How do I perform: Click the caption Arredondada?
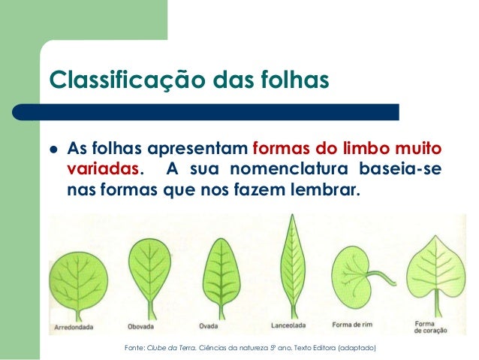pos(74,327)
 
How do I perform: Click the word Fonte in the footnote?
pos(132,348)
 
